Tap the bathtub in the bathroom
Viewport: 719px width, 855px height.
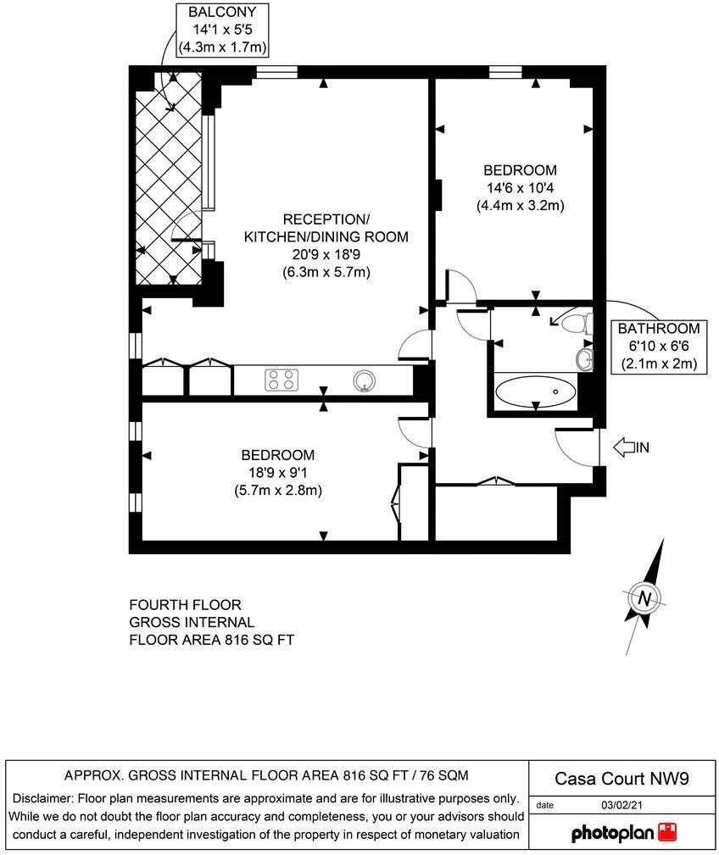tap(536, 392)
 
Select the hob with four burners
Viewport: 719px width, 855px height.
tap(282, 380)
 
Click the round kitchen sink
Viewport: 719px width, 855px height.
tap(365, 380)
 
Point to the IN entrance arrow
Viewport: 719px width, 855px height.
tap(629, 447)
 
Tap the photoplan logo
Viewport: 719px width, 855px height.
tap(625, 832)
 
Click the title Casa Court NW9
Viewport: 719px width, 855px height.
tap(610, 778)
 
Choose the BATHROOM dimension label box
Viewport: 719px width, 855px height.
tap(658, 347)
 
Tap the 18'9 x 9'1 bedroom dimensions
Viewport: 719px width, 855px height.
tap(276, 472)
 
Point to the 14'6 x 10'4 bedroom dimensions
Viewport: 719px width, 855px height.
tap(521, 187)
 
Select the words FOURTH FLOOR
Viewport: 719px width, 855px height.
tap(185, 604)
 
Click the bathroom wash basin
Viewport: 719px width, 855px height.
tap(584, 358)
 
